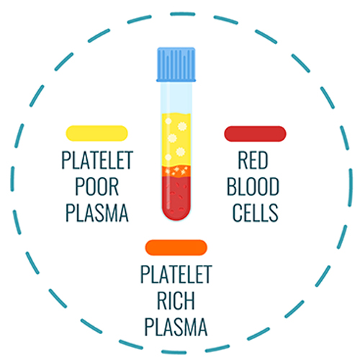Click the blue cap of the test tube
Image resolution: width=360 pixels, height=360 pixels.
click(176, 65)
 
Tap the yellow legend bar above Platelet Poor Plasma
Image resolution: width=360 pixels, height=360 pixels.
click(96, 133)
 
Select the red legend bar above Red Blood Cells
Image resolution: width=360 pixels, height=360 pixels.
click(255, 134)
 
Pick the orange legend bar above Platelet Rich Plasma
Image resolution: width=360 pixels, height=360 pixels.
click(176, 247)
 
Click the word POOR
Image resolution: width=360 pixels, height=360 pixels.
click(96, 186)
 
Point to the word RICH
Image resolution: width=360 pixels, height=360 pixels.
click(176, 300)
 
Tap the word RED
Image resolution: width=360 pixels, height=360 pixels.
click(253, 160)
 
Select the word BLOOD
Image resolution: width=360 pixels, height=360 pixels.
click(253, 186)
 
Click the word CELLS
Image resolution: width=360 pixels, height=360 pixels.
click(256, 212)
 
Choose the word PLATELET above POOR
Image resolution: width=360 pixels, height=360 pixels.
click(97, 160)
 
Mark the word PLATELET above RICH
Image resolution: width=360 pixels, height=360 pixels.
click(176, 274)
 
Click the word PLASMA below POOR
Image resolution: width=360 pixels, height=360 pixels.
click(97, 212)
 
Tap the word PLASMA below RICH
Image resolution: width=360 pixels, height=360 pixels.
click(176, 327)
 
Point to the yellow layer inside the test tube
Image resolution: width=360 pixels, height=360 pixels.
click(176, 140)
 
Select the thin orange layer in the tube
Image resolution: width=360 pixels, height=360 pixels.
click(176, 171)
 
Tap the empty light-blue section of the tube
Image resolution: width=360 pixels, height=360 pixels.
click(176, 97)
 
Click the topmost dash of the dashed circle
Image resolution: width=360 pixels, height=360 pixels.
click(182, 14)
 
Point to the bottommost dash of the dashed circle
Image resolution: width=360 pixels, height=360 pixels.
click(174, 352)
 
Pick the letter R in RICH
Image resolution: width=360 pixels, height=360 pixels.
click(162, 300)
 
